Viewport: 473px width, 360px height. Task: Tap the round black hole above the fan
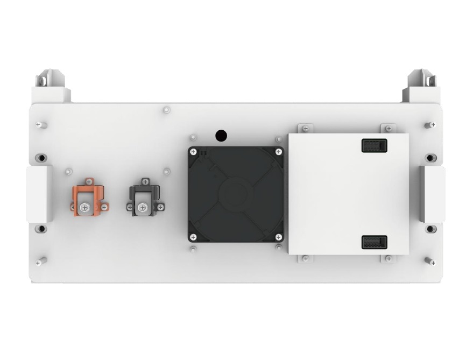[221, 135]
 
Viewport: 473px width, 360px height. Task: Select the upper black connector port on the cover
[374, 145]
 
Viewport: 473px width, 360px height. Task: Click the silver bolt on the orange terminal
[84, 207]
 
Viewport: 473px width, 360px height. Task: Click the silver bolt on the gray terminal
[143, 207]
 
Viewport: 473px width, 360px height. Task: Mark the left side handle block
[39, 194]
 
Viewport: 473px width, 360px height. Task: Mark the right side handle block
[433, 194]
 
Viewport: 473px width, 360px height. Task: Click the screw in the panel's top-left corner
[39, 125]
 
